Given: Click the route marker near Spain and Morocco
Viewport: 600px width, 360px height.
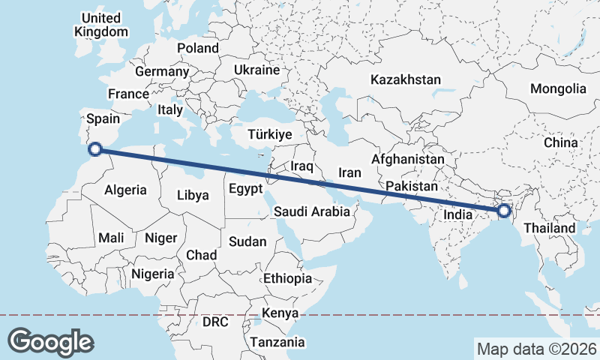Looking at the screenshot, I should click(95, 148).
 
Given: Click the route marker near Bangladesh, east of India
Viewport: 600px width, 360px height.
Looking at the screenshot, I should click(503, 211).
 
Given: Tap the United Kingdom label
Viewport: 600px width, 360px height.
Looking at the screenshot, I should click(101, 25).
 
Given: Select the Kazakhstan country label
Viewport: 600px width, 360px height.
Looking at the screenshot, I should click(406, 79).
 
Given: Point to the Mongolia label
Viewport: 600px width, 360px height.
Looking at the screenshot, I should click(558, 88).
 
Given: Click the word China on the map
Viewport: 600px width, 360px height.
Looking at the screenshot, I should click(561, 142).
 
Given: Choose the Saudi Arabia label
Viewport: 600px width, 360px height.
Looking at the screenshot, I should click(311, 211).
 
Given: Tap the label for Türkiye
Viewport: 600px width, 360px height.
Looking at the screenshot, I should click(269, 135).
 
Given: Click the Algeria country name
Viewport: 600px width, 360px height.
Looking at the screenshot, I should click(126, 190).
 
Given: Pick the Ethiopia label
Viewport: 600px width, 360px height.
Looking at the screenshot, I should click(287, 278).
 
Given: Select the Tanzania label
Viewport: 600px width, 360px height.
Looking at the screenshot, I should click(278, 342).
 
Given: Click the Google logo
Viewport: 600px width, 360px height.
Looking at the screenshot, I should click(50, 341).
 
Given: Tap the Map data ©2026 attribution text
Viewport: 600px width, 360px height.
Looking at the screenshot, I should click(536, 349).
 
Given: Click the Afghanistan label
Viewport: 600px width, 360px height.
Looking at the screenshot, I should click(408, 160).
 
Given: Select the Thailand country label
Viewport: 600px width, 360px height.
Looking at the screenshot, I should click(550, 228).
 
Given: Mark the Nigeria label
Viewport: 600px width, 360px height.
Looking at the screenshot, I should click(153, 274).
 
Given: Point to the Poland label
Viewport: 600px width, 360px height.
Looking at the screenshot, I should click(198, 48).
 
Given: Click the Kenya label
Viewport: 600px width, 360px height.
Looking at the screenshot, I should click(281, 313).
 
